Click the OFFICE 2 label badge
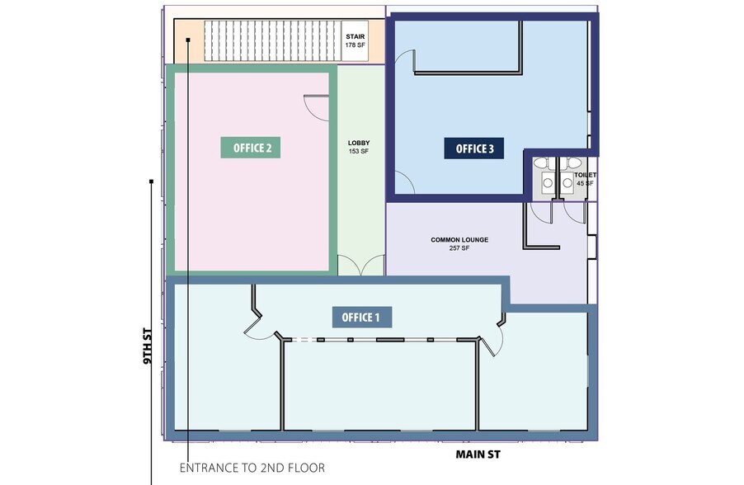tap(252, 148)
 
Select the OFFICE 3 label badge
tap(469, 148)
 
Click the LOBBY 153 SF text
tap(358, 147)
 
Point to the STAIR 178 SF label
tap(356, 40)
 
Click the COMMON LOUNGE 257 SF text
tap(459, 243)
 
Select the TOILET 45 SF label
tap(585, 179)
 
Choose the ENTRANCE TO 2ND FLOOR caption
tap(252, 468)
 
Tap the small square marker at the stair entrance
tap(188, 39)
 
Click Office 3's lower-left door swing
tap(404, 183)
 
